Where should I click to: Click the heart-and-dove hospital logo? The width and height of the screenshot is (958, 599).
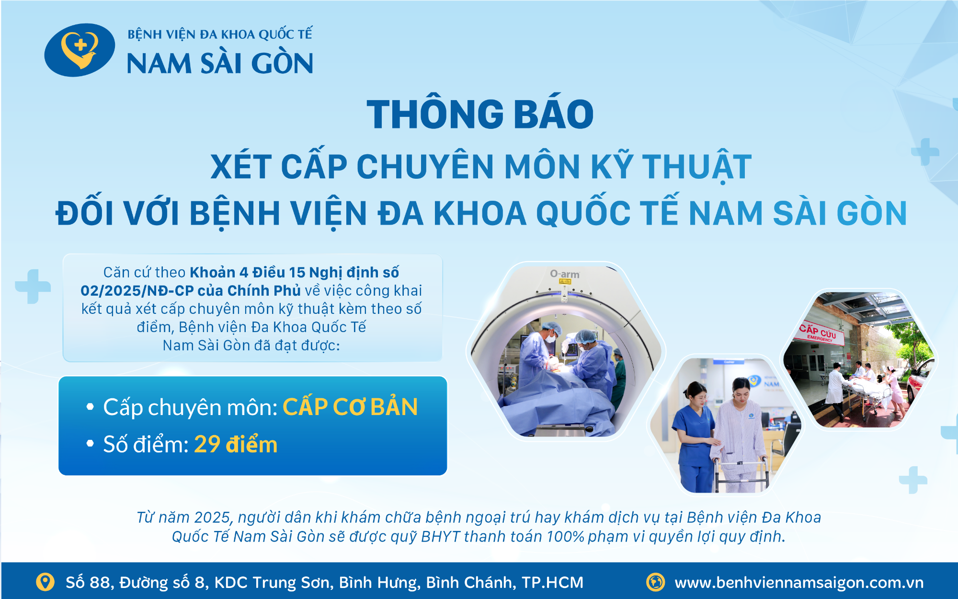[80, 50]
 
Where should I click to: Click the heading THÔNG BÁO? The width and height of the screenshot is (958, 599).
[480, 115]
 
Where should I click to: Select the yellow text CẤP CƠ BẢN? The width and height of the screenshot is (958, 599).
[350, 407]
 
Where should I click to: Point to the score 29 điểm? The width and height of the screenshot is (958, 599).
[236, 444]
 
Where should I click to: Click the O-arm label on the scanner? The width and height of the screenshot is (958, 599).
[564, 274]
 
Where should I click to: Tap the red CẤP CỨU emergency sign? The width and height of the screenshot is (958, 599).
[817, 332]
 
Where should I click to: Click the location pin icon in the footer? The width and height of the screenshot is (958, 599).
[45, 582]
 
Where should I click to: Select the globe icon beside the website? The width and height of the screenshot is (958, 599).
[655, 582]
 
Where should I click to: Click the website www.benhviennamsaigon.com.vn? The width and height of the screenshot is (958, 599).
[799, 583]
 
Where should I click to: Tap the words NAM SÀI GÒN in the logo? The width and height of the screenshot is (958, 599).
[220, 64]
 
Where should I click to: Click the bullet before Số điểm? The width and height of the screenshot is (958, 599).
[90, 444]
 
